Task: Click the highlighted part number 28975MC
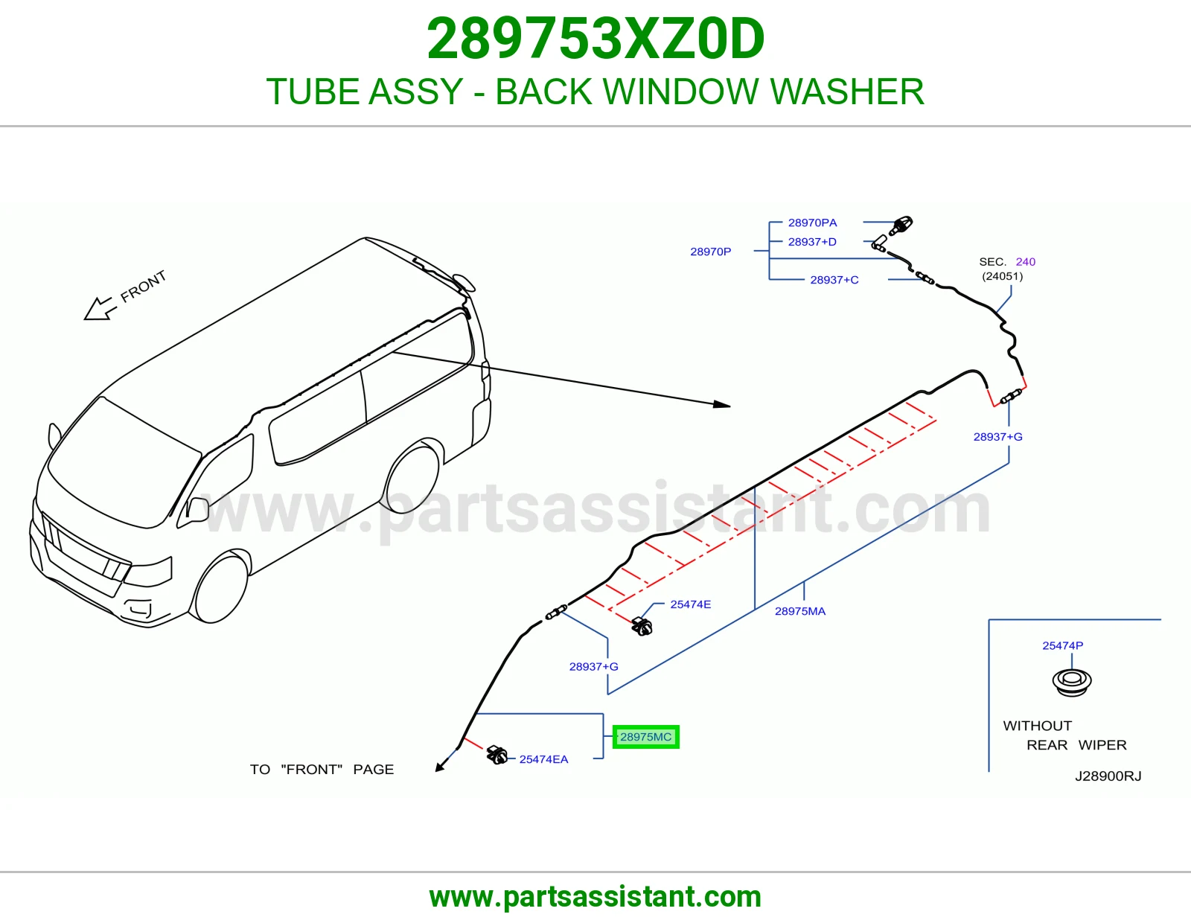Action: (x=645, y=737)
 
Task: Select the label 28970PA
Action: (x=812, y=223)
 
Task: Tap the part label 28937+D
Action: (x=811, y=242)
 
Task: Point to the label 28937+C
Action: (x=834, y=280)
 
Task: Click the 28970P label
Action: (x=710, y=252)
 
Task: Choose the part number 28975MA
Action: (x=799, y=611)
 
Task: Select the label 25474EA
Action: (x=543, y=759)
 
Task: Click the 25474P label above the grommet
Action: (x=1062, y=645)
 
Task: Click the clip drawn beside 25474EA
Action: (x=497, y=756)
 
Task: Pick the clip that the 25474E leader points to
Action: (x=642, y=626)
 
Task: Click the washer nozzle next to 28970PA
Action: (x=901, y=226)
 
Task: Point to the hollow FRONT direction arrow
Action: (x=100, y=309)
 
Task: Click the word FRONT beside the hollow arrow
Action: (x=143, y=286)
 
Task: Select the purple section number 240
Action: (x=1026, y=261)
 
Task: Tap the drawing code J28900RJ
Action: (x=1108, y=776)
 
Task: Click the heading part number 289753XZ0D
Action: (x=595, y=39)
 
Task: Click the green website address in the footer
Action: (x=595, y=897)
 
